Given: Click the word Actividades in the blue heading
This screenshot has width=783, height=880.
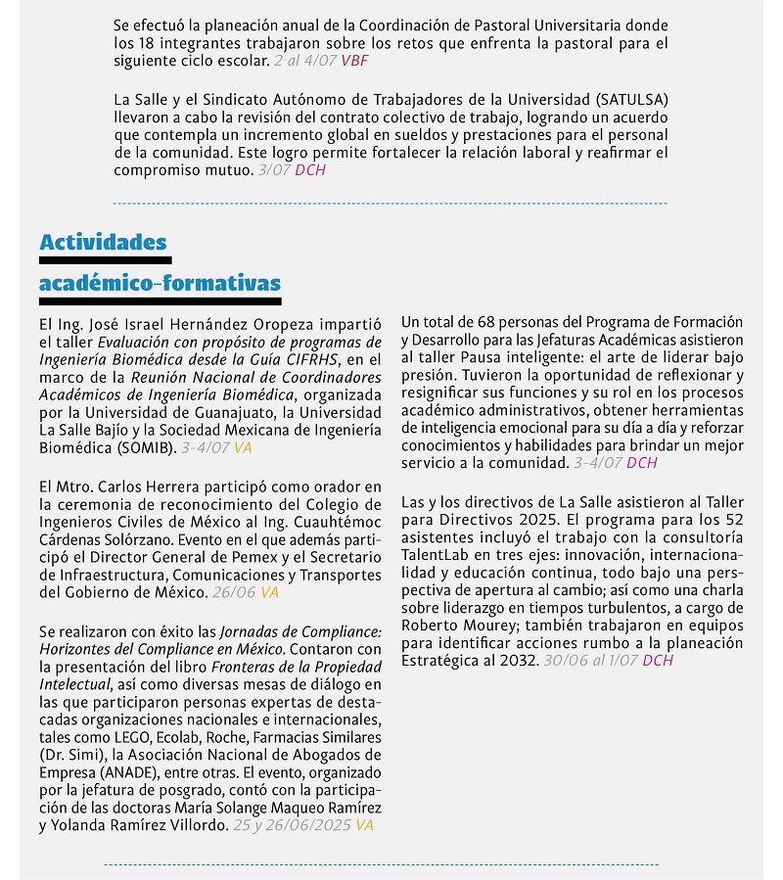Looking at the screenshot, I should tap(103, 242).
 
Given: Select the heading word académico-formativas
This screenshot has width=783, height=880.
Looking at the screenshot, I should tap(160, 283).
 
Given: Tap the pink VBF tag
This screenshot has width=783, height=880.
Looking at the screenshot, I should tap(354, 61).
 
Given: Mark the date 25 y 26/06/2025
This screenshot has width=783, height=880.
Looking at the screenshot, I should tap(292, 825).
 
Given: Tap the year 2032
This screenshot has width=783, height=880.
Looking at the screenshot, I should tap(518, 661).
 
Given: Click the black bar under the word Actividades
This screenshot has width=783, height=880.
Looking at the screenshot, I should tap(105, 260).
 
